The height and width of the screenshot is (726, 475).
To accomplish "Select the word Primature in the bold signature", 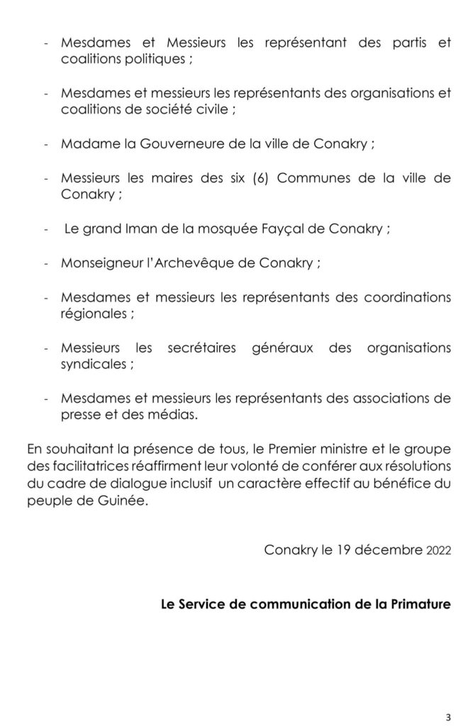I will pyautogui.click(x=418, y=604).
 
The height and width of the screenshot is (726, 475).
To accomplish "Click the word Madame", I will pyautogui.click(x=90, y=143).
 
